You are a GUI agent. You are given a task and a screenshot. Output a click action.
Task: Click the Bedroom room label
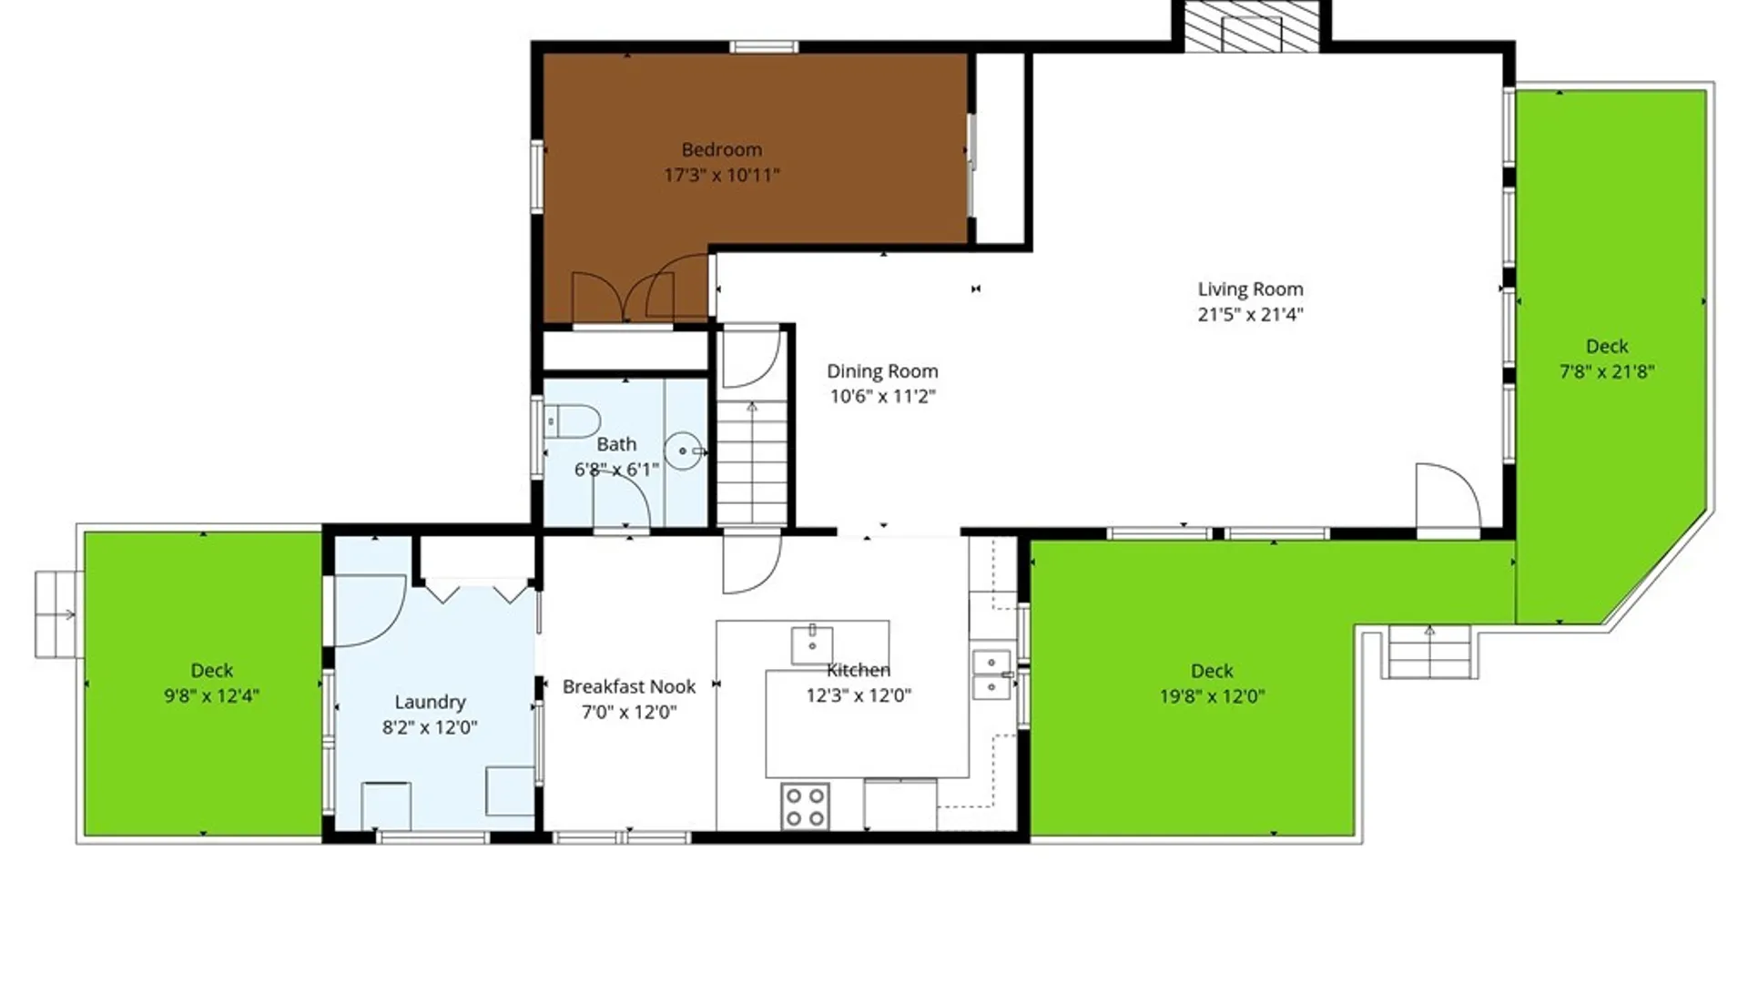click(x=722, y=149)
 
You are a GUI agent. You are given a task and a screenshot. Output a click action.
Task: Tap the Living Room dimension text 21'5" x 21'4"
click(x=1250, y=315)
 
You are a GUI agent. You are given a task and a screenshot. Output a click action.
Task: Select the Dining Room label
click(x=882, y=371)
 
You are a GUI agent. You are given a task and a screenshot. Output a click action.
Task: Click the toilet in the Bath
click(x=572, y=422)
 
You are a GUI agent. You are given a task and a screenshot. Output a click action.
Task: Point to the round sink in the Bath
click(x=683, y=451)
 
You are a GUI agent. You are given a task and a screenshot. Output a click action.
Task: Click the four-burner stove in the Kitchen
click(x=805, y=806)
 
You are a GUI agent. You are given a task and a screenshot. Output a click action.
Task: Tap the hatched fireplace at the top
click(x=1251, y=26)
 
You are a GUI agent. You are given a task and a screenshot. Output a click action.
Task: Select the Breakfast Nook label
click(x=629, y=686)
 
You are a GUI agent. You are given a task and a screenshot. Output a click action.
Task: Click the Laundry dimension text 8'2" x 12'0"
click(x=430, y=727)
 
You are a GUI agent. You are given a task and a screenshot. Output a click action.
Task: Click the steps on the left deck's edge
click(x=59, y=614)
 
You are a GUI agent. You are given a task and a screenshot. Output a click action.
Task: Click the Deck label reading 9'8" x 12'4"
click(x=211, y=671)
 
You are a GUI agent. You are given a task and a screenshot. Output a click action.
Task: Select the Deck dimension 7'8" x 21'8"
click(x=1607, y=372)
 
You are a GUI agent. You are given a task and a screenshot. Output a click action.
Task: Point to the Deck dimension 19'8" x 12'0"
click(x=1212, y=697)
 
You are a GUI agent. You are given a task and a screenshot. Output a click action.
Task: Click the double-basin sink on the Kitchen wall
click(x=991, y=674)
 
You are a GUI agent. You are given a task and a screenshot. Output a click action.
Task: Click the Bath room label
click(x=616, y=444)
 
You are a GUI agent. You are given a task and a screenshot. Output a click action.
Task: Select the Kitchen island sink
click(x=812, y=644)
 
